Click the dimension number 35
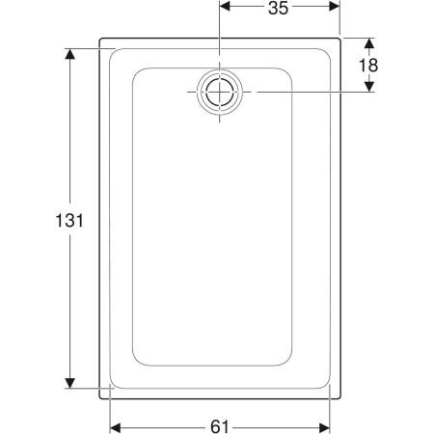[279, 8]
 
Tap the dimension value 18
[368, 66]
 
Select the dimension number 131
[69, 221]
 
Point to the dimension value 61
[220, 427]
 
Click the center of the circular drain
[220, 92]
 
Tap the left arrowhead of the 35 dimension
[225, 6]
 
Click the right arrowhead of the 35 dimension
[335, 6]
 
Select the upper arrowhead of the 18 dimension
[369, 43]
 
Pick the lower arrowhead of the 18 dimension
[369, 87]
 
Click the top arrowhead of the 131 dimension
[69, 54]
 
